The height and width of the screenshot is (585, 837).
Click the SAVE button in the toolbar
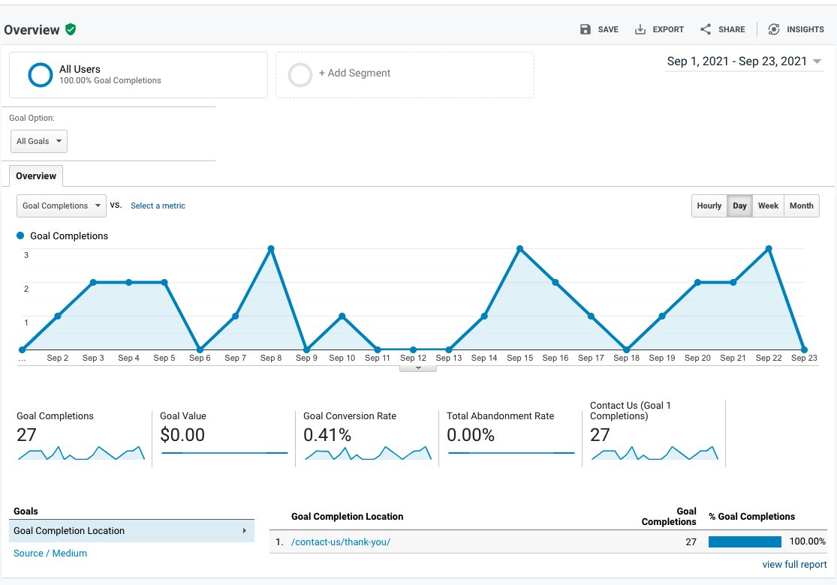599,29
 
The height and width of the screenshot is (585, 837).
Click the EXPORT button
659,29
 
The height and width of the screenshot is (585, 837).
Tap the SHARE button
722,29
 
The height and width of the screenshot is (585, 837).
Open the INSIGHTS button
796,29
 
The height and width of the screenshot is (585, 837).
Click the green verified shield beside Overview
71,29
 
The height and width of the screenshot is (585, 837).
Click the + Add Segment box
405,74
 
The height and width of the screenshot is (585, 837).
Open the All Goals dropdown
39,141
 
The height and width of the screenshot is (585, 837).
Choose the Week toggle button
768,205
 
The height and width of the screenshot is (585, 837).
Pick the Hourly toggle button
709,205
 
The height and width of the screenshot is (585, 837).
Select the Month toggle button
801,205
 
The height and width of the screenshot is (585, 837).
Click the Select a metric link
158,205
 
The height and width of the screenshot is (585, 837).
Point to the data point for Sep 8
271,248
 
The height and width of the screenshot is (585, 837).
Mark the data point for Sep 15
519,248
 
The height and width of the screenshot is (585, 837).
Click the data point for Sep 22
769,248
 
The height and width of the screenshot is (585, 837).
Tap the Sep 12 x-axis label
413,358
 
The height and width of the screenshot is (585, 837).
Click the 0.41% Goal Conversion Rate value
327,435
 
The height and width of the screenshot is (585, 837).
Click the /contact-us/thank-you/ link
341,541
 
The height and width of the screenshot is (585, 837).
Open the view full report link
794,565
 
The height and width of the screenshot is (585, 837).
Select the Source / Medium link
50,553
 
